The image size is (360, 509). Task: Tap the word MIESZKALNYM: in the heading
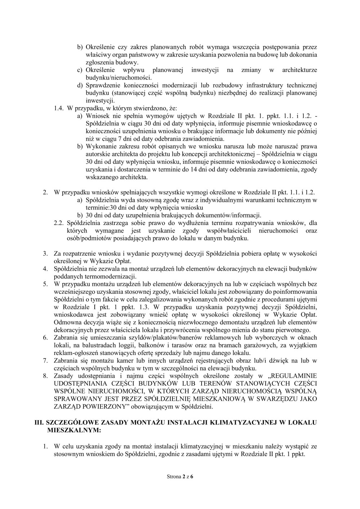(74, 430)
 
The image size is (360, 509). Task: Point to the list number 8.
(46, 376)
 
